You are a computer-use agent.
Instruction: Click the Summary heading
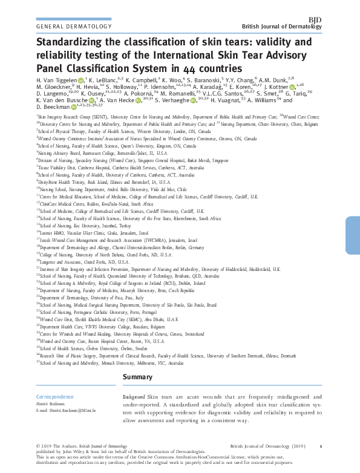(140, 378)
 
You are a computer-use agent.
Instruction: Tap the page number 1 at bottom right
(320, 446)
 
